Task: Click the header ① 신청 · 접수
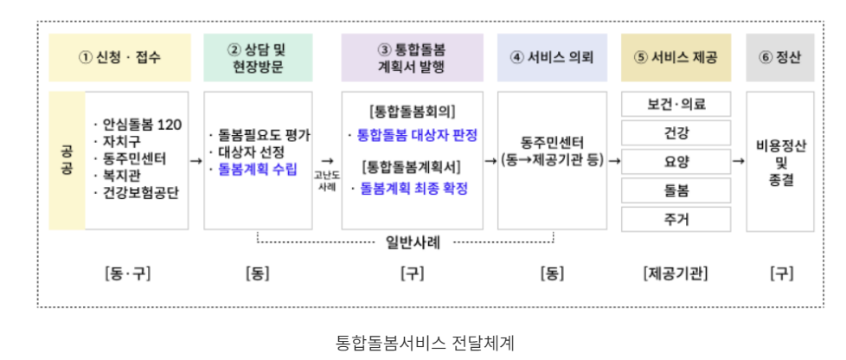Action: tap(120, 58)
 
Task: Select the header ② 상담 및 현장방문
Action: tap(256, 58)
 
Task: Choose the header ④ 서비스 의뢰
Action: tap(552, 58)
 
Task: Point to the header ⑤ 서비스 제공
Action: tap(676, 58)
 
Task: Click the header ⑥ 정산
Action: tap(779, 58)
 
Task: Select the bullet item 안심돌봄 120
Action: tap(138, 125)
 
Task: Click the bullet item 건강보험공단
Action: tap(137, 193)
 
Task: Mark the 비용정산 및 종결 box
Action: tap(779, 161)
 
